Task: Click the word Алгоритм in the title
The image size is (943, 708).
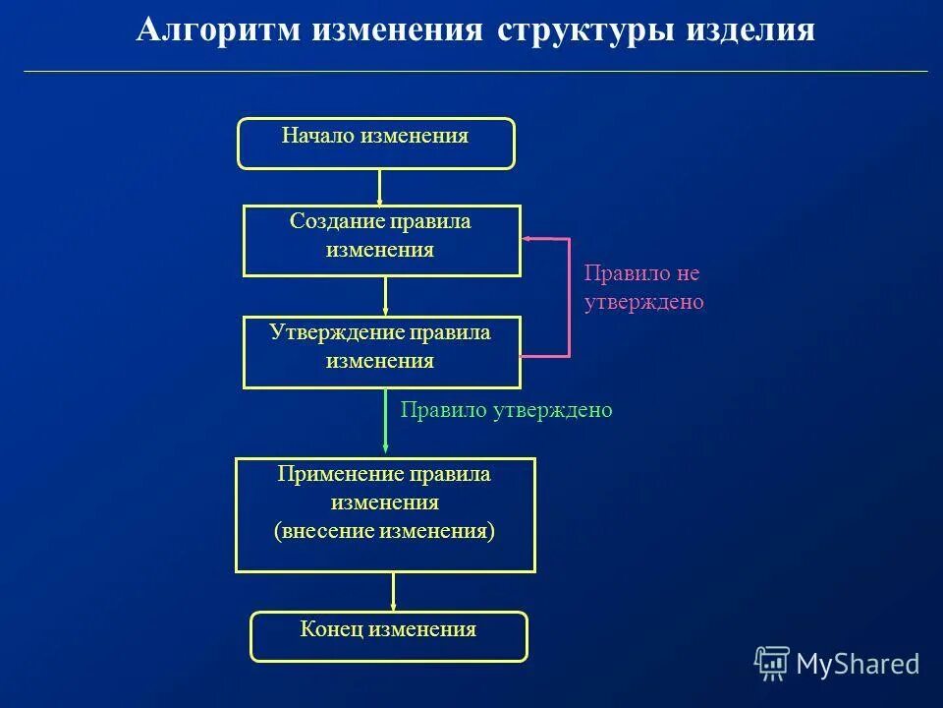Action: (210, 29)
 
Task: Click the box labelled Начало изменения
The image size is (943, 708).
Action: (376, 144)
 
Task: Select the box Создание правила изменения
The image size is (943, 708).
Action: (381, 241)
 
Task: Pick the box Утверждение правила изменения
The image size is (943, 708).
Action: (381, 352)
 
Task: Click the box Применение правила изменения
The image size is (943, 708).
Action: (385, 514)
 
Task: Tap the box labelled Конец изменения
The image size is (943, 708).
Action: (389, 636)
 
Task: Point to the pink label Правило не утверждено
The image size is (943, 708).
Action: (643, 288)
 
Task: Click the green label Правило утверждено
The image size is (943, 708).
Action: (506, 410)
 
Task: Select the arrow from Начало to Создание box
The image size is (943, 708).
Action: (379, 187)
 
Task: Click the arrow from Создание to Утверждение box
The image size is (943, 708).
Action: (385, 296)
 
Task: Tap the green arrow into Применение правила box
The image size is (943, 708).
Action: (385, 423)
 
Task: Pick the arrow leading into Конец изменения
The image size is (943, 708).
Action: (393, 592)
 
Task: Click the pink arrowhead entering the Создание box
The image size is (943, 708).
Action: (527, 238)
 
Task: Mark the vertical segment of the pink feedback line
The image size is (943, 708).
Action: (569, 296)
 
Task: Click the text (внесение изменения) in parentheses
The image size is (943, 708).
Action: (384, 532)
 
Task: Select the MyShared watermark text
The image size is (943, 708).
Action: (858, 664)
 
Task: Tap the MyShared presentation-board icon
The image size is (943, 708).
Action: (772, 664)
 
